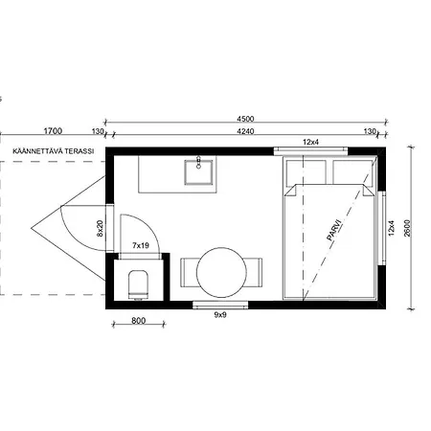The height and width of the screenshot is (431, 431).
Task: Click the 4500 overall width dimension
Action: point(245,119)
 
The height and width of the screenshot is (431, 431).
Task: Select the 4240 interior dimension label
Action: point(245,131)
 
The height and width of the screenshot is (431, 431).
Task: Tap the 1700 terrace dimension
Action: point(53,131)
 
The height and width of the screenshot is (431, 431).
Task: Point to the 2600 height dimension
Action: point(407,228)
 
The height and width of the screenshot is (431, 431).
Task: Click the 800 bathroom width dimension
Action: point(139,321)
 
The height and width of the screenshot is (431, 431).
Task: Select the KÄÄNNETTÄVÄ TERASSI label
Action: point(54,151)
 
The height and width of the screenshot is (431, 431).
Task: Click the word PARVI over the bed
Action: point(334,229)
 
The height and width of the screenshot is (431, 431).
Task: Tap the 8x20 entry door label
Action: point(100,228)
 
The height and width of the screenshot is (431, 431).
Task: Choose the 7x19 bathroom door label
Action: point(141,245)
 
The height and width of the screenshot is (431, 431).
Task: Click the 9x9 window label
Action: point(220,315)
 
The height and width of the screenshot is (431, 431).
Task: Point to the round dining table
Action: point(221,272)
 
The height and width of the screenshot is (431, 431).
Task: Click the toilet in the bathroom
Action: point(138,284)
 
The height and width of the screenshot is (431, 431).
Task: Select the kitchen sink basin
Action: point(198,172)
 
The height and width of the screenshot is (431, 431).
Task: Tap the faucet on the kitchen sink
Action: point(198,162)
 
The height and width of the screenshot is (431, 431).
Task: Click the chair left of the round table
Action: point(189,272)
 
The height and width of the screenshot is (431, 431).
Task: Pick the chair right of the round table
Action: point(254,272)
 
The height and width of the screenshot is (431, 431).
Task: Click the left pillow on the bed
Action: point(306,172)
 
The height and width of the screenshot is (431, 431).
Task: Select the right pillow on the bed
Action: point(352,172)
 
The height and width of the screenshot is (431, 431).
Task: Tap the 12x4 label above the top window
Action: point(310,142)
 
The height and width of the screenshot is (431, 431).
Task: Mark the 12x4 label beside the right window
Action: point(391,228)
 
